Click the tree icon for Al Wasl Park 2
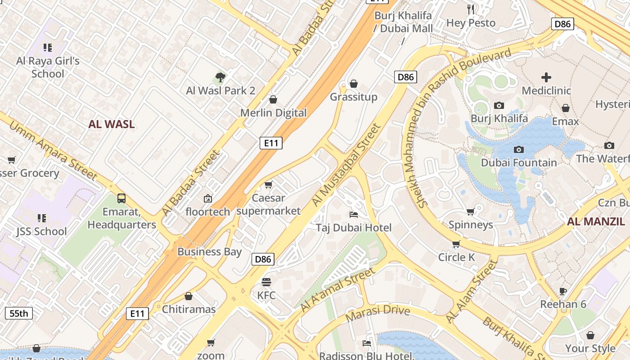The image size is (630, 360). [x=220, y=77]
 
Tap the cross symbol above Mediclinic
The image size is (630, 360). [x=546, y=77]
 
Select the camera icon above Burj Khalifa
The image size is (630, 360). [x=499, y=105]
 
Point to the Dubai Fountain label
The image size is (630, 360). [x=518, y=162]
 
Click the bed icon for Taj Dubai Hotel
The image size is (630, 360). [x=354, y=214]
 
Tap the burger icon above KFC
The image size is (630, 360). [x=266, y=282]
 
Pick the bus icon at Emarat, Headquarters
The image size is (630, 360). [x=121, y=198]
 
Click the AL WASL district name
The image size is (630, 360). [x=112, y=125]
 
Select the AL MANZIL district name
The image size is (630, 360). [x=596, y=221]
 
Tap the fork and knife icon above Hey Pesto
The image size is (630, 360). [x=471, y=9]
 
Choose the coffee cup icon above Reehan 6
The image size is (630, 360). [x=562, y=291]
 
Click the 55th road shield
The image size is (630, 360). [x=19, y=313]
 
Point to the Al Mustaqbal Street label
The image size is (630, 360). [x=346, y=165]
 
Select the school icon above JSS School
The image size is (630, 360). [x=42, y=218]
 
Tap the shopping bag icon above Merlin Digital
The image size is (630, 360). [x=273, y=99]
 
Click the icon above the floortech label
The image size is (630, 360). [x=207, y=198]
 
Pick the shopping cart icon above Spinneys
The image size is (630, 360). [x=470, y=211]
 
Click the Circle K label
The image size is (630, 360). [x=457, y=257]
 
